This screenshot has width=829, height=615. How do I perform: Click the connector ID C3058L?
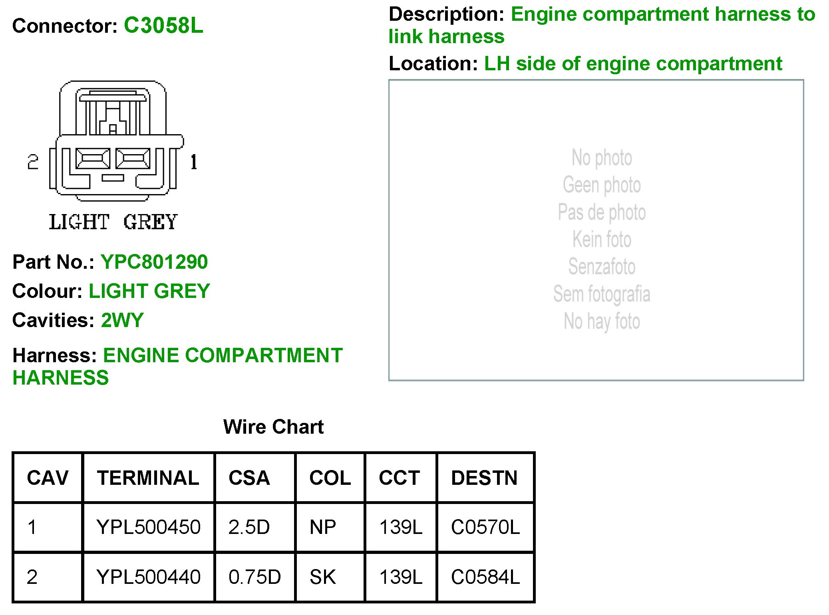pos(163,26)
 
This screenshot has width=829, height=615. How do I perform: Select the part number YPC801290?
pos(154,262)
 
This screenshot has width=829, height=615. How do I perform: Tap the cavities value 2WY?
pos(122,320)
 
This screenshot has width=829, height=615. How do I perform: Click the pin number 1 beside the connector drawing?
pos(194,162)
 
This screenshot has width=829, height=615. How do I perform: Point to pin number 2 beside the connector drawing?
pos(33,162)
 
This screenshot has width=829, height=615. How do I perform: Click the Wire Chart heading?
pos(273,427)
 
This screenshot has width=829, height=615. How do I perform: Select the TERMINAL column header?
pos(148,478)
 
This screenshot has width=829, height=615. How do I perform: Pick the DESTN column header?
pos(484,478)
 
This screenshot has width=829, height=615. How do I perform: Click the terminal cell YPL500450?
pos(148,527)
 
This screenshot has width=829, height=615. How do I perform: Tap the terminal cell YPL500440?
pos(148,577)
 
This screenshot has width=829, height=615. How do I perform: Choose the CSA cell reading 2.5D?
pos(249,527)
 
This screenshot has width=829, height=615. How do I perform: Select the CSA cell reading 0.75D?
pos(254,577)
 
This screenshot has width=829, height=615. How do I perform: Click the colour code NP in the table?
pos(323,527)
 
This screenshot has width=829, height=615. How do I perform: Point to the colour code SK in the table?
pos(323,577)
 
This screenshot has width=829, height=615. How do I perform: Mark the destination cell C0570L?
pos(485,527)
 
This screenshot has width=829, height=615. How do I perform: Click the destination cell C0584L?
pos(485,577)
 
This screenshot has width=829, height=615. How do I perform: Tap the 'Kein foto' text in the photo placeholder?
pos(602,240)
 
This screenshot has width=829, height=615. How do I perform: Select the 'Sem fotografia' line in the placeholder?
pos(602,294)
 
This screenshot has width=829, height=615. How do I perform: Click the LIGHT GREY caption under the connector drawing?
pos(113,222)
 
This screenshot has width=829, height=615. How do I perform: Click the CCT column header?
pos(400,478)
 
